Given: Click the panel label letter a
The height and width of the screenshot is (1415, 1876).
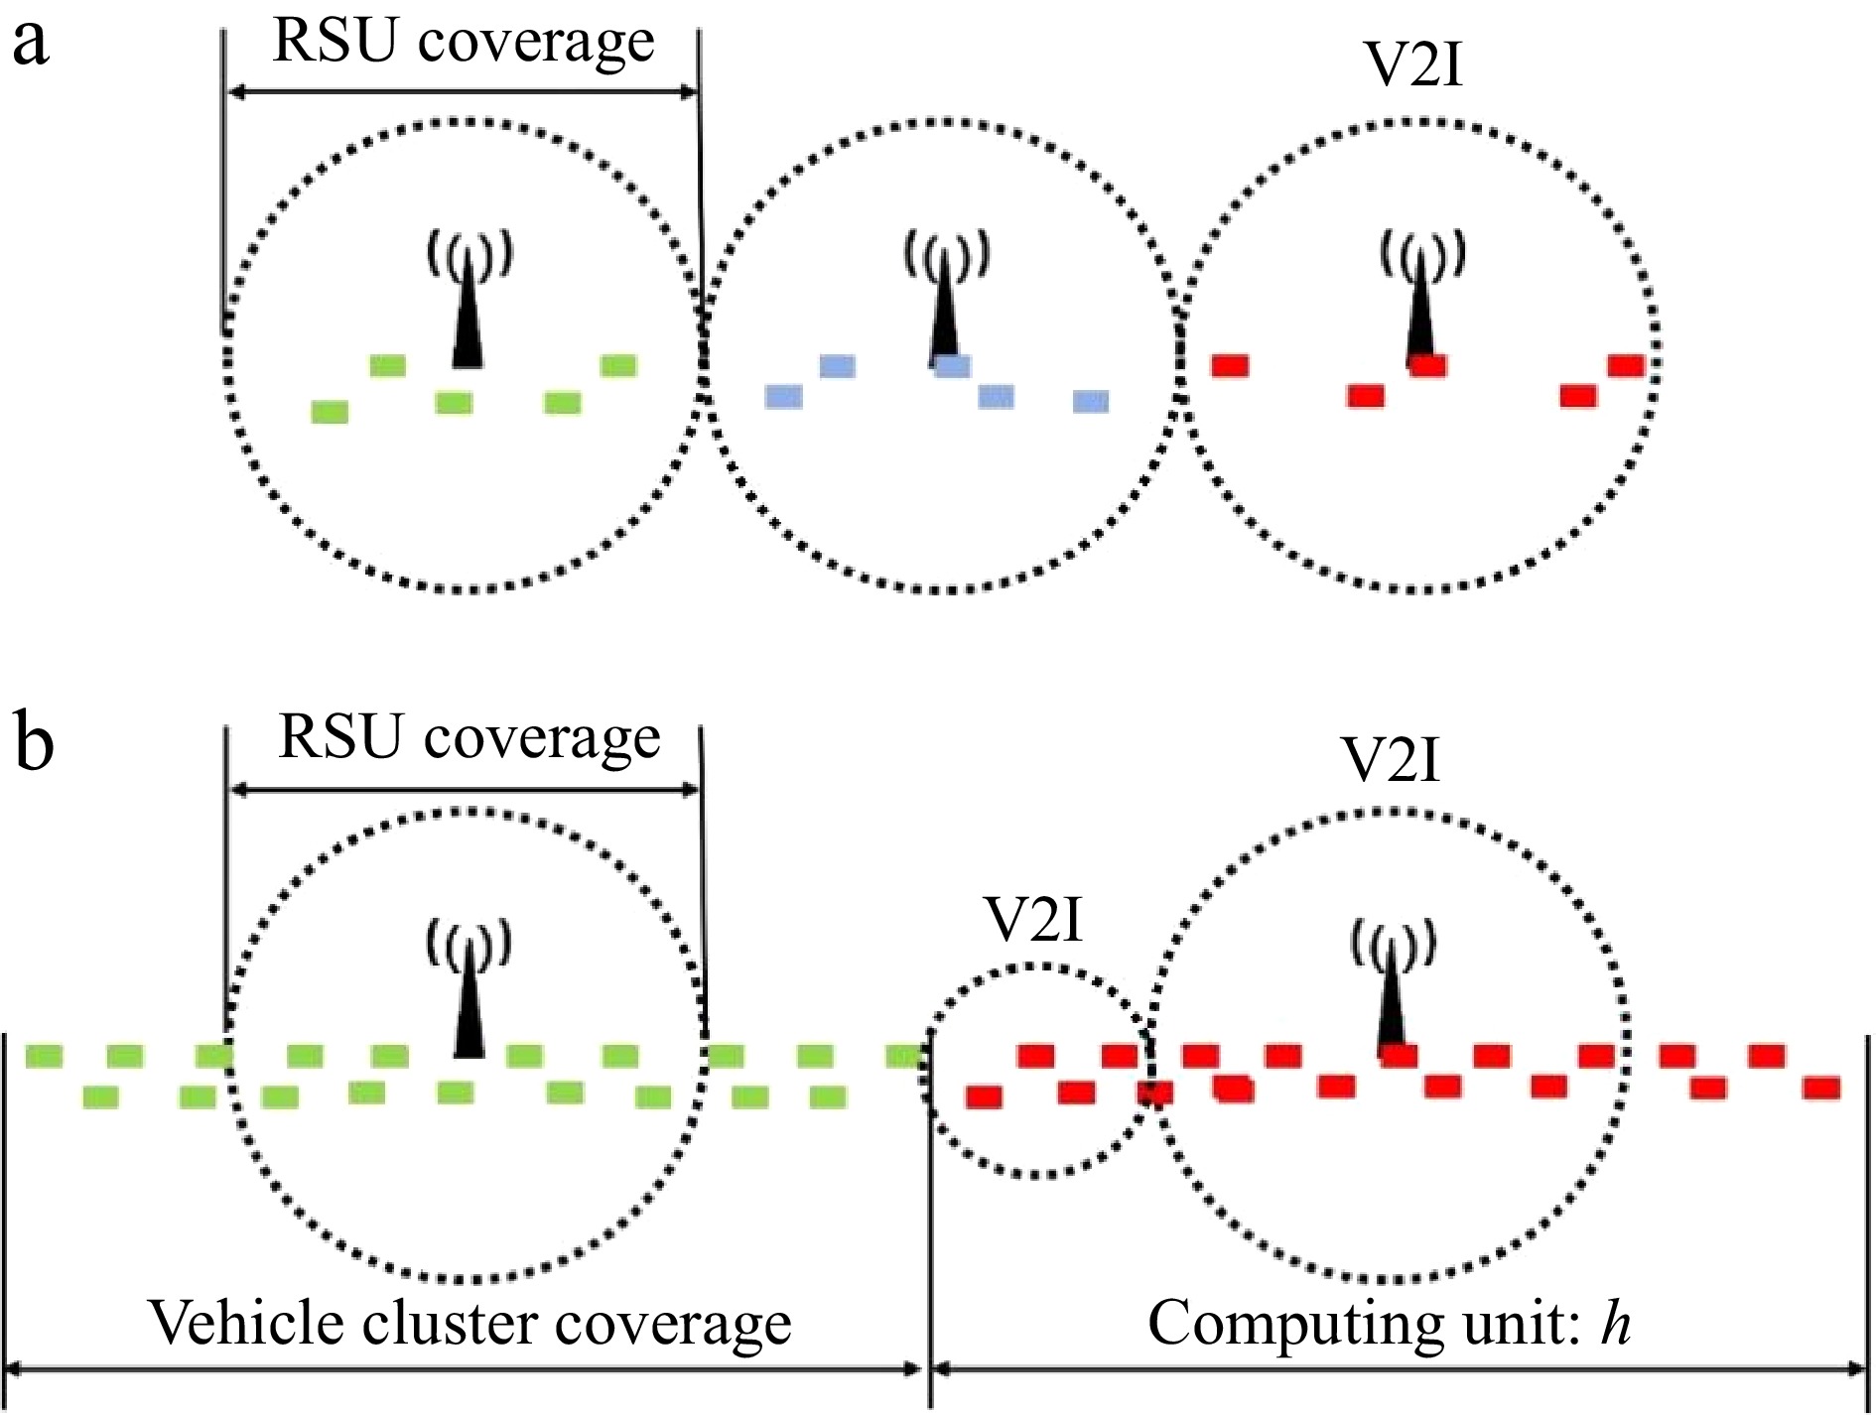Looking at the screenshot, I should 31,45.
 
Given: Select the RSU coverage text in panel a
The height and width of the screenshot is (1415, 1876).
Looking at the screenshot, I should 464,42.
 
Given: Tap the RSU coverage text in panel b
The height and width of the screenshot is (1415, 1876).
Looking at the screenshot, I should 469,738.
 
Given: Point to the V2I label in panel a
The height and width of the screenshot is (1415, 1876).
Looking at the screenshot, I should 1414,67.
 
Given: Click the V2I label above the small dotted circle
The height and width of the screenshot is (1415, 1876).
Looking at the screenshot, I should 1034,920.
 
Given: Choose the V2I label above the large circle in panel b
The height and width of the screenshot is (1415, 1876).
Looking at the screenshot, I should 1391,761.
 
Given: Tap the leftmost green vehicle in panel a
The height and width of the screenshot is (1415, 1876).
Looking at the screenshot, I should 330,411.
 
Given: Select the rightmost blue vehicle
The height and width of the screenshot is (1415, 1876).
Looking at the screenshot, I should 1091,401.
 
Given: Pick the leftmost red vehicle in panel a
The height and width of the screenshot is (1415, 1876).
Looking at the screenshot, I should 1230,365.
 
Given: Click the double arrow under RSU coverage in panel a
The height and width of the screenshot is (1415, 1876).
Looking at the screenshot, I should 464,92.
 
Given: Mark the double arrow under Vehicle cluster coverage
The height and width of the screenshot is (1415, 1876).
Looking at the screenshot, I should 464,1370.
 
